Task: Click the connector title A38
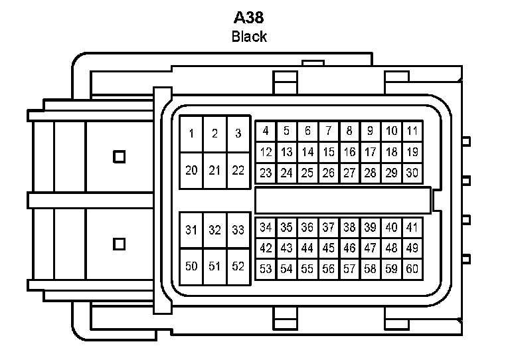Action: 248,17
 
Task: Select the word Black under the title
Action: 249,36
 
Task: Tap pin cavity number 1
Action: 191,134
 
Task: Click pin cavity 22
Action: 238,170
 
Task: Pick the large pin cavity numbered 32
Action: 214,230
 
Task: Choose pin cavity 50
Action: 191,266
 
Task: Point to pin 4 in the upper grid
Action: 266,131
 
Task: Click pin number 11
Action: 412,131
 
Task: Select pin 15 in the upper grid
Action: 329,152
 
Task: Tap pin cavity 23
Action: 266,173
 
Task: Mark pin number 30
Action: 412,173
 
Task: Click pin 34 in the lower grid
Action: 266,227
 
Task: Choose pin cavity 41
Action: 412,227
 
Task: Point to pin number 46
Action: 349,248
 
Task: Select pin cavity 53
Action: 266,269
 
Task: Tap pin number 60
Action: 412,269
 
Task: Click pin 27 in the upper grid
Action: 349,173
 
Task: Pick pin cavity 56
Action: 329,269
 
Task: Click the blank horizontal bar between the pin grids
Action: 343,200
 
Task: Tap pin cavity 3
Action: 238,134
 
